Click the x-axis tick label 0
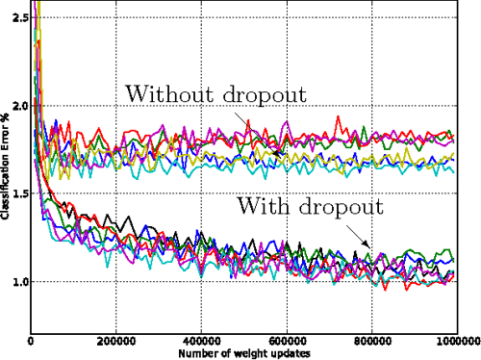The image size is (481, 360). point(32,340)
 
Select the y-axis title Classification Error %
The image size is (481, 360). point(6,173)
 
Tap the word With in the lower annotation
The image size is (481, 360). point(259,205)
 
